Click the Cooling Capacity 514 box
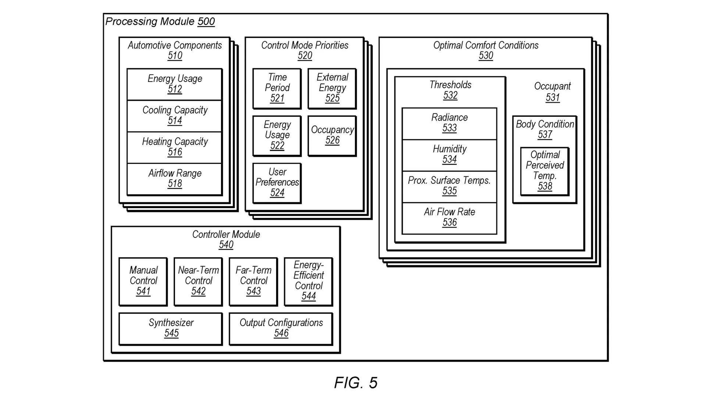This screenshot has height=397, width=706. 175,115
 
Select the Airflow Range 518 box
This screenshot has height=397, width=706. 175,179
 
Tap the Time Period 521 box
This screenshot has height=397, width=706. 277,88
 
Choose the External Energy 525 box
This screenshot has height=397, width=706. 332,88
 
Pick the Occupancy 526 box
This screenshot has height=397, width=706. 332,136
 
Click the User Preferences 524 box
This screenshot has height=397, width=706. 277,183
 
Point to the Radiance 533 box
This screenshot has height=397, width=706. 449,123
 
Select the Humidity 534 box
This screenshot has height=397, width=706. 449,155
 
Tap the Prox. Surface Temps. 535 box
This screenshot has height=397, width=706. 449,186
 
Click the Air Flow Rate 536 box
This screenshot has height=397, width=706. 449,218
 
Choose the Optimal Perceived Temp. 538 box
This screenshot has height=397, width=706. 545,171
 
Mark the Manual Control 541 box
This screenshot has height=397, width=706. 143,281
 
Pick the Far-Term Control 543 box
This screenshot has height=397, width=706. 253,281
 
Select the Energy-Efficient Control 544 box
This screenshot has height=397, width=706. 309,281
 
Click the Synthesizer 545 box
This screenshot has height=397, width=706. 171,328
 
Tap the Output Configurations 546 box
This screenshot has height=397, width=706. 281,328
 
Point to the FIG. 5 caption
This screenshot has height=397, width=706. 356,383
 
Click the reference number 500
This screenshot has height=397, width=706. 206,21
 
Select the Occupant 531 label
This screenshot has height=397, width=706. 552,92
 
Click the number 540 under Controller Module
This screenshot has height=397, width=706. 226,245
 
